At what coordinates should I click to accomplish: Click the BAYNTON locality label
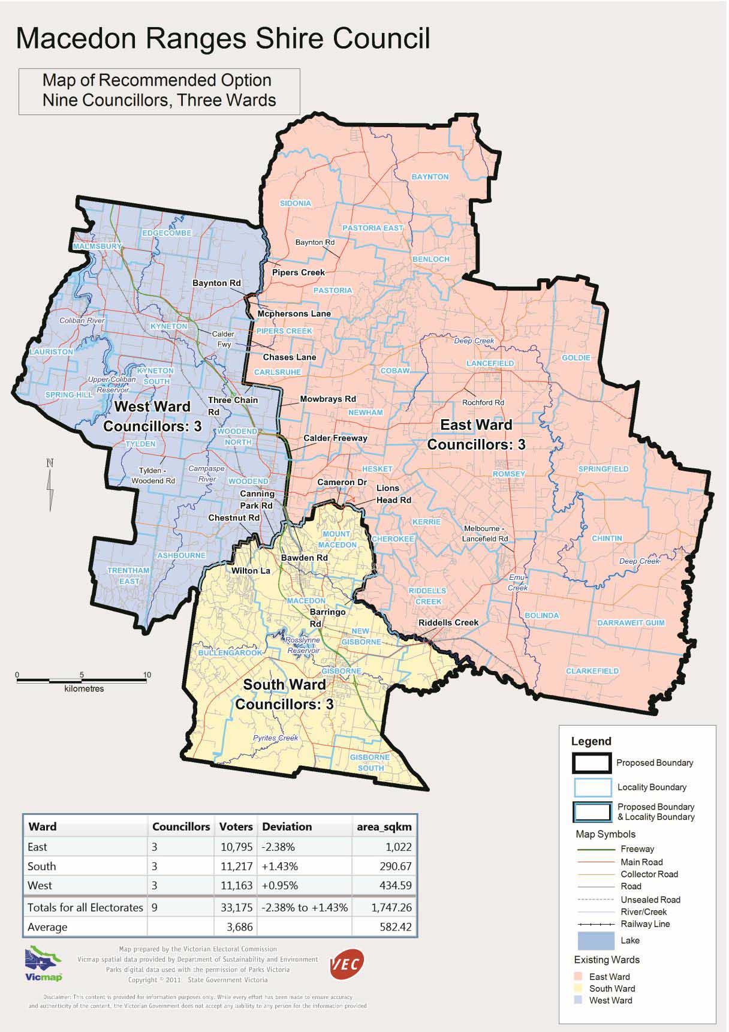[430, 177]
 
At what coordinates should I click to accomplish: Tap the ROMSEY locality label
[509, 474]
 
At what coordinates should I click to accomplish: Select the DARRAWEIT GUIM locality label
[631, 623]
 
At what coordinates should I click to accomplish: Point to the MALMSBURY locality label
[97, 246]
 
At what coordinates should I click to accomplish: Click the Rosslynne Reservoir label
[303, 645]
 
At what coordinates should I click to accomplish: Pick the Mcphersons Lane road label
[294, 314]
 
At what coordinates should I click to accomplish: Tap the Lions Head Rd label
[393, 494]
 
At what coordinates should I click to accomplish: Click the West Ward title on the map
[152, 407]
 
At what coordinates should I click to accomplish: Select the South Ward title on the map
[284, 685]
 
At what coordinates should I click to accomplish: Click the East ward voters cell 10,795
[236, 847]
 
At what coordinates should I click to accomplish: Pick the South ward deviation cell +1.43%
[279, 866]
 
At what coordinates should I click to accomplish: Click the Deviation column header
[287, 827]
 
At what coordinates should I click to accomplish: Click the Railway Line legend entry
[645, 924]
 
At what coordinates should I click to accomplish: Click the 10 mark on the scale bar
[147, 675]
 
